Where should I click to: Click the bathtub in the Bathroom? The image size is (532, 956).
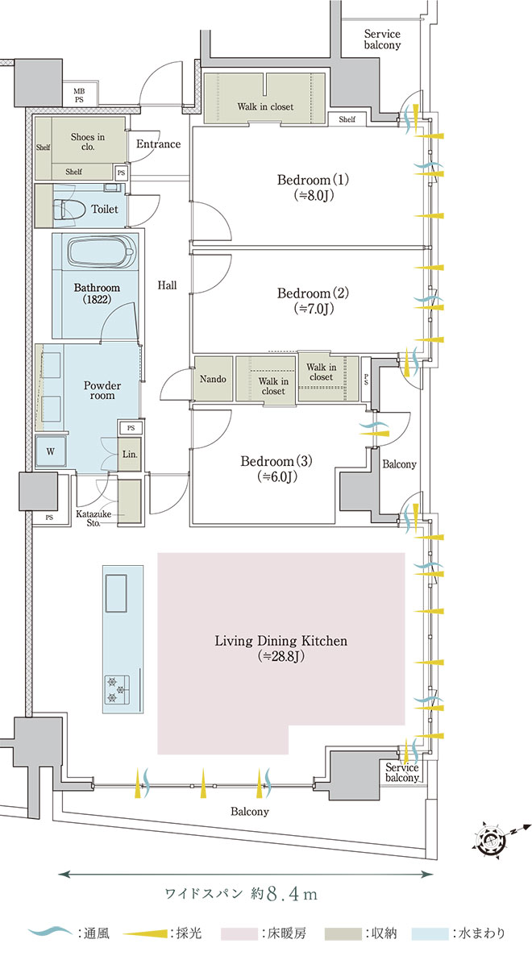tap(101, 251)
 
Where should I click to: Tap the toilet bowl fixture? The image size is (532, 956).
tap(69, 209)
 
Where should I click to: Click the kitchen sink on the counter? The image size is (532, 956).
tap(116, 592)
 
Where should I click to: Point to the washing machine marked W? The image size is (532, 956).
tap(51, 451)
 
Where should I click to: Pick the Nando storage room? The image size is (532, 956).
tap(213, 379)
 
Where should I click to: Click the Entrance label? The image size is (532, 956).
tap(159, 144)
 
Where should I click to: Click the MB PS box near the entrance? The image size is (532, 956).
tap(79, 95)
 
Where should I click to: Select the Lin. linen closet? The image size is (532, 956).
tap(130, 455)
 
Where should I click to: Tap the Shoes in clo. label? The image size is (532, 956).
tap(88, 142)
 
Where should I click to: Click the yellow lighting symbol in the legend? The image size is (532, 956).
tap(146, 933)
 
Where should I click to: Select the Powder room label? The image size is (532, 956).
tap(102, 390)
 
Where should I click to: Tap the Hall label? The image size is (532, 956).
tap(167, 285)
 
